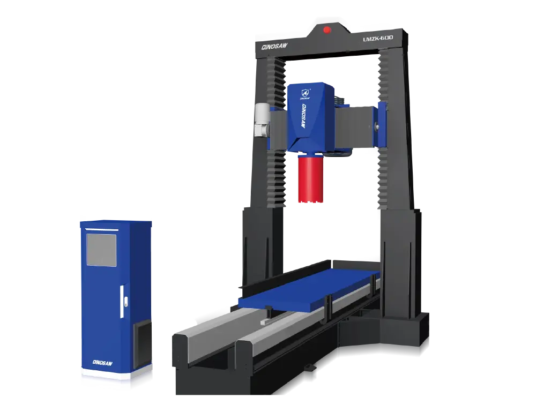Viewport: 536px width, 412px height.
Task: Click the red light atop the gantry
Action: (x=327, y=30)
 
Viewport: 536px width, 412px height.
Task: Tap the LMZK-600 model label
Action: (x=378, y=38)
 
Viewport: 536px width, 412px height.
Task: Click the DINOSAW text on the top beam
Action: (x=274, y=47)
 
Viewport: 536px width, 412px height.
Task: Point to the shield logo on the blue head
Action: (x=305, y=93)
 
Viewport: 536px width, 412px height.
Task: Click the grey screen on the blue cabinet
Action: (x=101, y=250)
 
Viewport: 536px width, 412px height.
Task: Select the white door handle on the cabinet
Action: (x=122, y=302)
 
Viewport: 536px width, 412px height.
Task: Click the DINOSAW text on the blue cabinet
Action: (x=102, y=363)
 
